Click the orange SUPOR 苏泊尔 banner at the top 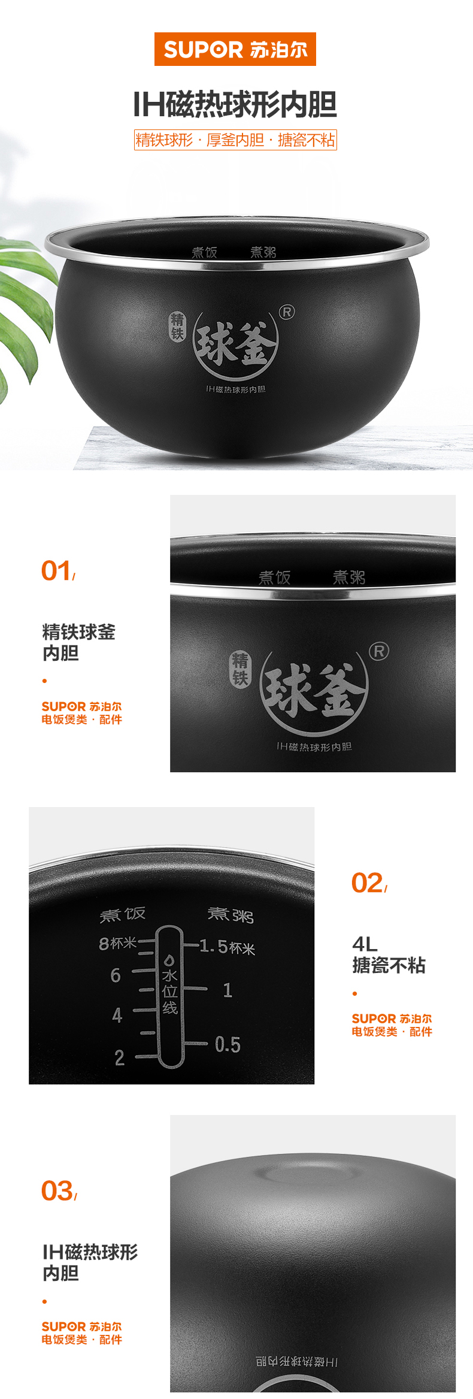[235, 49]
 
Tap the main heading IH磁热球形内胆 [235, 105]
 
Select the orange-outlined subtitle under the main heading [235, 140]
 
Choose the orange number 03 [57, 1190]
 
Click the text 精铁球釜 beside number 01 [78, 632]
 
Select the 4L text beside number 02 [365, 944]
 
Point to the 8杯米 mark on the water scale [117, 944]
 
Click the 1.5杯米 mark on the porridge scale [227, 947]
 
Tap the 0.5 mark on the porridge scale [228, 1045]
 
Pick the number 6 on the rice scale [116, 975]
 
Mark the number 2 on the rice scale [120, 1058]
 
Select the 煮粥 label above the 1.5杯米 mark [231, 915]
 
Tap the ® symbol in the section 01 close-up [378, 651]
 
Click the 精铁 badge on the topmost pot [177, 327]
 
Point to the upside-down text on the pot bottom [297, 1362]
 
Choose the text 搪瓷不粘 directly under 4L [389, 965]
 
